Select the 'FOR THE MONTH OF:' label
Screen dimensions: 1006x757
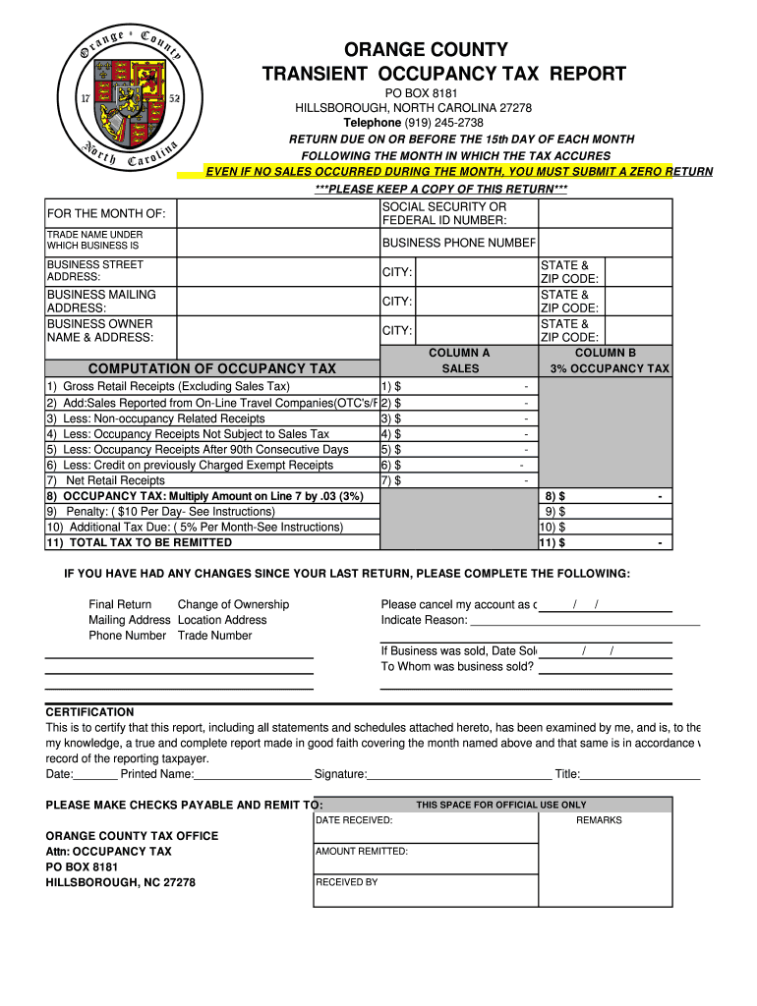pyautogui.click(x=106, y=214)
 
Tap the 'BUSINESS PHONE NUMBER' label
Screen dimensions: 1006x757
pyautogui.click(x=458, y=243)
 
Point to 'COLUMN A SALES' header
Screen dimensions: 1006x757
pyautogui.click(x=459, y=361)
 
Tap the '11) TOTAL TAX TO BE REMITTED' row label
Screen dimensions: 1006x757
pyautogui.click(x=139, y=542)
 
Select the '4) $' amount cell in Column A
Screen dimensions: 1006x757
pyautogui.click(x=458, y=433)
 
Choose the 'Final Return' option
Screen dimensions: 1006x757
pyautogui.click(x=120, y=604)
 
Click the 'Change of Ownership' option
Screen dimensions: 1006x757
pyautogui.click(x=233, y=604)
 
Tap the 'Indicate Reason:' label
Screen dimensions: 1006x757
pyautogui.click(x=425, y=620)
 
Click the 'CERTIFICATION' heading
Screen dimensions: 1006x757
pyautogui.click(x=89, y=712)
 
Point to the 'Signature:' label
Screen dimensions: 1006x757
pyautogui.click(x=340, y=774)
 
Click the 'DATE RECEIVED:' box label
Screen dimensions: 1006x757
pyautogui.click(x=354, y=819)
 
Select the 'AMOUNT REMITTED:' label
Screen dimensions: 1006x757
pyautogui.click(x=362, y=852)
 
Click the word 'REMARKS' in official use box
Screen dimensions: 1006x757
pyautogui.click(x=599, y=819)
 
